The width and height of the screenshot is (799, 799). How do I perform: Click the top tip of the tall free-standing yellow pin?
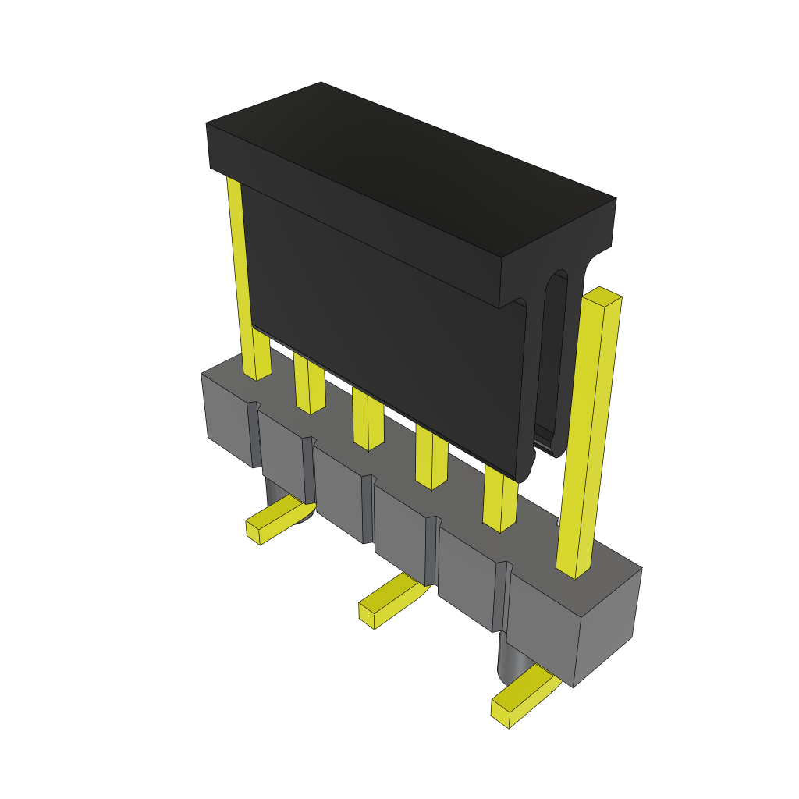602,296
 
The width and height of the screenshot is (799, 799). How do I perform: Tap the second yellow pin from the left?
309,386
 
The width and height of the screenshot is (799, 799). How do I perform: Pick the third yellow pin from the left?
368,421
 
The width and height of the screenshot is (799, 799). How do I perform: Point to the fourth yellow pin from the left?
431,459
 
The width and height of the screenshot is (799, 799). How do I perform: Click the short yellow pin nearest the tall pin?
499,499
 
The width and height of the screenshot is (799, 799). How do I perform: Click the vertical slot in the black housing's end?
555,359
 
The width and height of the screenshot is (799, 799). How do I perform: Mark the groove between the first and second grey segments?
254,434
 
